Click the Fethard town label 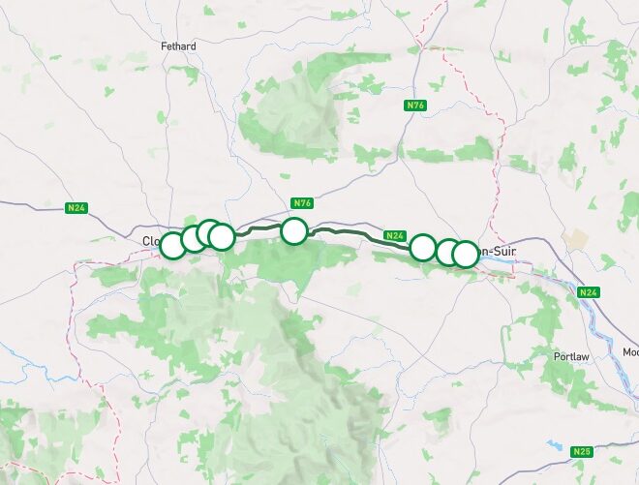[x=178, y=46]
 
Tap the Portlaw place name [x=570, y=356]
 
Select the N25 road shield [x=582, y=451]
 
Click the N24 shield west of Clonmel [x=76, y=207]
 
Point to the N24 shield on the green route [x=394, y=235]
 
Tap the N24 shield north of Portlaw [x=588, y=291]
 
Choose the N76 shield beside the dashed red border [x=415, y=105]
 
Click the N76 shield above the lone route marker [x=302, y=203]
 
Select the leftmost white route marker [x=172, y=245]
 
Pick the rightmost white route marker [x=466, y=254]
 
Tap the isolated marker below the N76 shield [x=294, y=230]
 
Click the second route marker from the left [x=194, y=238]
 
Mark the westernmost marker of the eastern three [x=422, y=247]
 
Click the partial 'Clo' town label [x=150, y=241]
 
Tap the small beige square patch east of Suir [x=578, y=238]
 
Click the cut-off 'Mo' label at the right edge [x=630, y=351]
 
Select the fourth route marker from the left [x=222, y=236]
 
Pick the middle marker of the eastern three [x=447, y=252]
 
